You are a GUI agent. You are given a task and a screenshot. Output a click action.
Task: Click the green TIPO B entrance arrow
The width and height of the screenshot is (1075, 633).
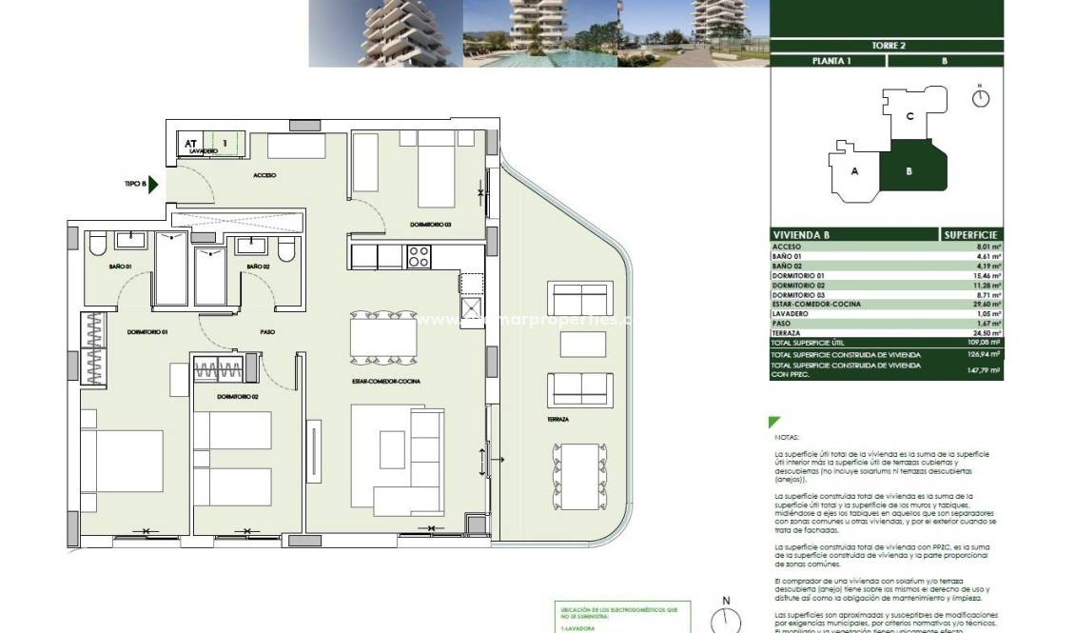[x=152, y=184]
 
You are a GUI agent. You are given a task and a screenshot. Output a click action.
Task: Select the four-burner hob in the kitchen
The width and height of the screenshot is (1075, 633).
[x=419, y=256]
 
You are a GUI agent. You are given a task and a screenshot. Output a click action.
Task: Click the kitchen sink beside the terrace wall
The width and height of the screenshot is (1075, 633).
[x=471, y=307]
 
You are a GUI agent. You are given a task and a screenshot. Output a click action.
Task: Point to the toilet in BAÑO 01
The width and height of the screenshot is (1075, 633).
[x=96, y=247]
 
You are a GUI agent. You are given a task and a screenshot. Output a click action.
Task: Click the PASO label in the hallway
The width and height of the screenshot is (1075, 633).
[x=267, y=332]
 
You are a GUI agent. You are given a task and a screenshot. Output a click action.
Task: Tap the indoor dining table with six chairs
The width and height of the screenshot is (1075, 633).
[x=382, y=339]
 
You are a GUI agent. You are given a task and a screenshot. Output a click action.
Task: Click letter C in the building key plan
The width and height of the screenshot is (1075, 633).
[x=909, y=117]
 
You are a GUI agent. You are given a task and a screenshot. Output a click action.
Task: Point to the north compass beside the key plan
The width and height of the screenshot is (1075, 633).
[x=981, y=97]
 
